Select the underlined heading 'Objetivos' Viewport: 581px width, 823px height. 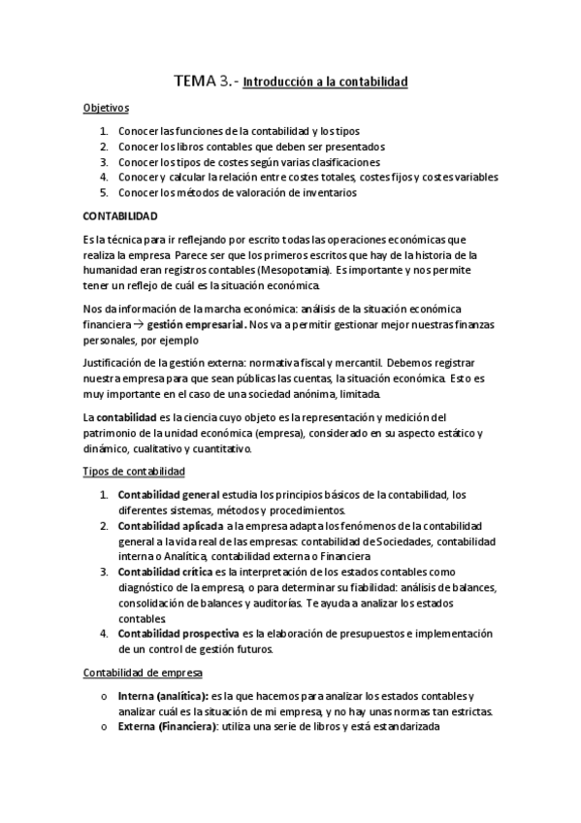pyautogui.click(x=106, y=109)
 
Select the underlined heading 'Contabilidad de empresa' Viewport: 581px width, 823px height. pyautogui.click(x=141, y=672)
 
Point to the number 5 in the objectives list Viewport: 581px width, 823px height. pyautogui.click(x=104, y=192)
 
